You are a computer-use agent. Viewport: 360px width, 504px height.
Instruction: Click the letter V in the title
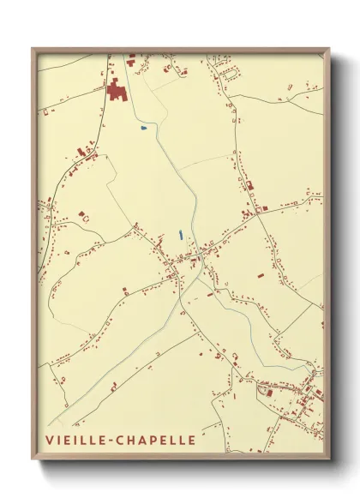(x=49, y=441)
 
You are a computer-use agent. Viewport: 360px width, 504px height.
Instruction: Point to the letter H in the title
(x=129, y=441)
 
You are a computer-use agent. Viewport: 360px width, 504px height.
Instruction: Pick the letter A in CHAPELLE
(x=142, y=441)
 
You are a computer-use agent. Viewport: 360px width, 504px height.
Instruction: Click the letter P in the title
(x=154, y=441)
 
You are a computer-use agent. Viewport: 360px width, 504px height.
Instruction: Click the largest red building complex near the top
(x=117, y=88)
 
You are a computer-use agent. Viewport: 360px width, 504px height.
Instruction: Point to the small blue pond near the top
(x=143, y=129)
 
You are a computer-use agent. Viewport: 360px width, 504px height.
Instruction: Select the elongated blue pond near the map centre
(x=180, y=234)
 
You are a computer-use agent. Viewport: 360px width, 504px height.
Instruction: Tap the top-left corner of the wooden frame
(x=33, y=49)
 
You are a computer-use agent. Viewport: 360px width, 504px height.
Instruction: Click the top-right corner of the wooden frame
(x=328, y=49)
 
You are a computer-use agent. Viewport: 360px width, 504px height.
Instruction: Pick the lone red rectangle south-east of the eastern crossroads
(x=258, y=277)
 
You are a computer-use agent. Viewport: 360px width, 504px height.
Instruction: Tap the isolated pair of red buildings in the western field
(x=82, y=214)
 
